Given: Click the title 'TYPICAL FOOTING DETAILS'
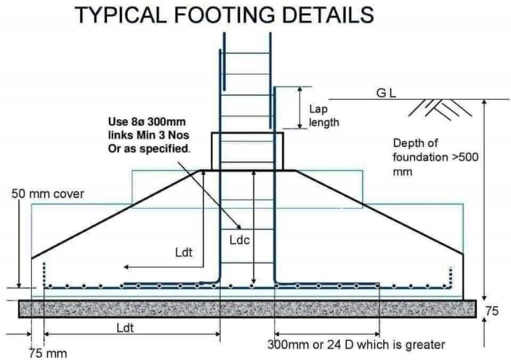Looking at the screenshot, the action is [224, 15].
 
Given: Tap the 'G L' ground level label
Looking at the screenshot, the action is [386, 94].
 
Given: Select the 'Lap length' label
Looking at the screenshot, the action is [323, 116].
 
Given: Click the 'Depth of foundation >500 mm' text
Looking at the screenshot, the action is [436, 157].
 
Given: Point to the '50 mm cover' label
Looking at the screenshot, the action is [48, 194].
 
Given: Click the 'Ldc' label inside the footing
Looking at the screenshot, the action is [240, 240].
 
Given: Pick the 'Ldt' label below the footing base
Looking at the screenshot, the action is [125, 328].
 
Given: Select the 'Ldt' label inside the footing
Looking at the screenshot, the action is [184, 252].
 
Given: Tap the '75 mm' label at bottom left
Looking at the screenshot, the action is [48, 353].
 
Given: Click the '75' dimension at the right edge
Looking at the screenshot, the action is [492, 311].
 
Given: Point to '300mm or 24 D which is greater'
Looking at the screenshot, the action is [356, 345].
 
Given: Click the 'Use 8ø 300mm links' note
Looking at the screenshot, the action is [149, 135].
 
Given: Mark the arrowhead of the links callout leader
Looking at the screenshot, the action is [240, 227].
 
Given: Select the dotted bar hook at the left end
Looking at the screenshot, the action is [45, 275].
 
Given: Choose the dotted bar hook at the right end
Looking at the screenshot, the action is [450, 277].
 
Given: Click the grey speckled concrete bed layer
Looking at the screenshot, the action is [248, 309].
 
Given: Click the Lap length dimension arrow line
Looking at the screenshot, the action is [300, 108].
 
